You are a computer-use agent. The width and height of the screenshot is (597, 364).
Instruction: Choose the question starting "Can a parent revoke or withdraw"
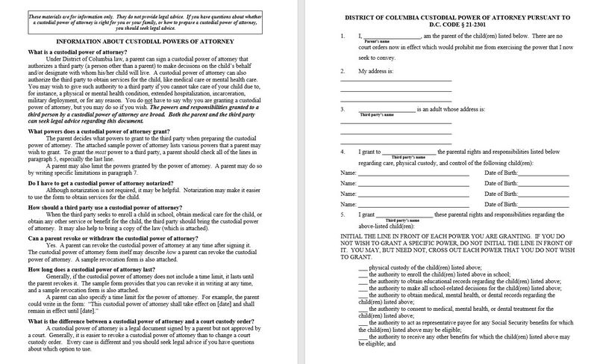coord(87,238)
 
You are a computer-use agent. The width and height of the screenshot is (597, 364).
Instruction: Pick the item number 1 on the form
coord(342,35)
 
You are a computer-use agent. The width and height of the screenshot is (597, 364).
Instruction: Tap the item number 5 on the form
coord(342,215)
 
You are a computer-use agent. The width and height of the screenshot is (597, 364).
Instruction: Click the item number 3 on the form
coord(342,110)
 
